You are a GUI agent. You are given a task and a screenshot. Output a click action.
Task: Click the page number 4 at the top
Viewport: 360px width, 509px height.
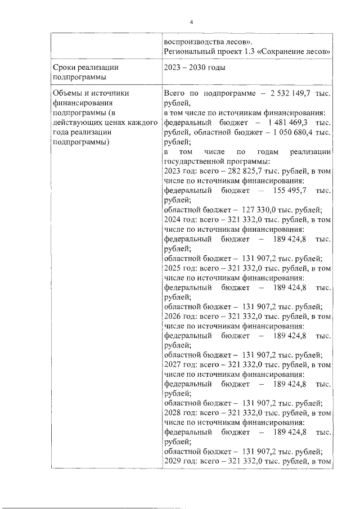coord(191,21)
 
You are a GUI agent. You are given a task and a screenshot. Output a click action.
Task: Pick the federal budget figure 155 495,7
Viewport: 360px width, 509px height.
coord(288,190)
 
